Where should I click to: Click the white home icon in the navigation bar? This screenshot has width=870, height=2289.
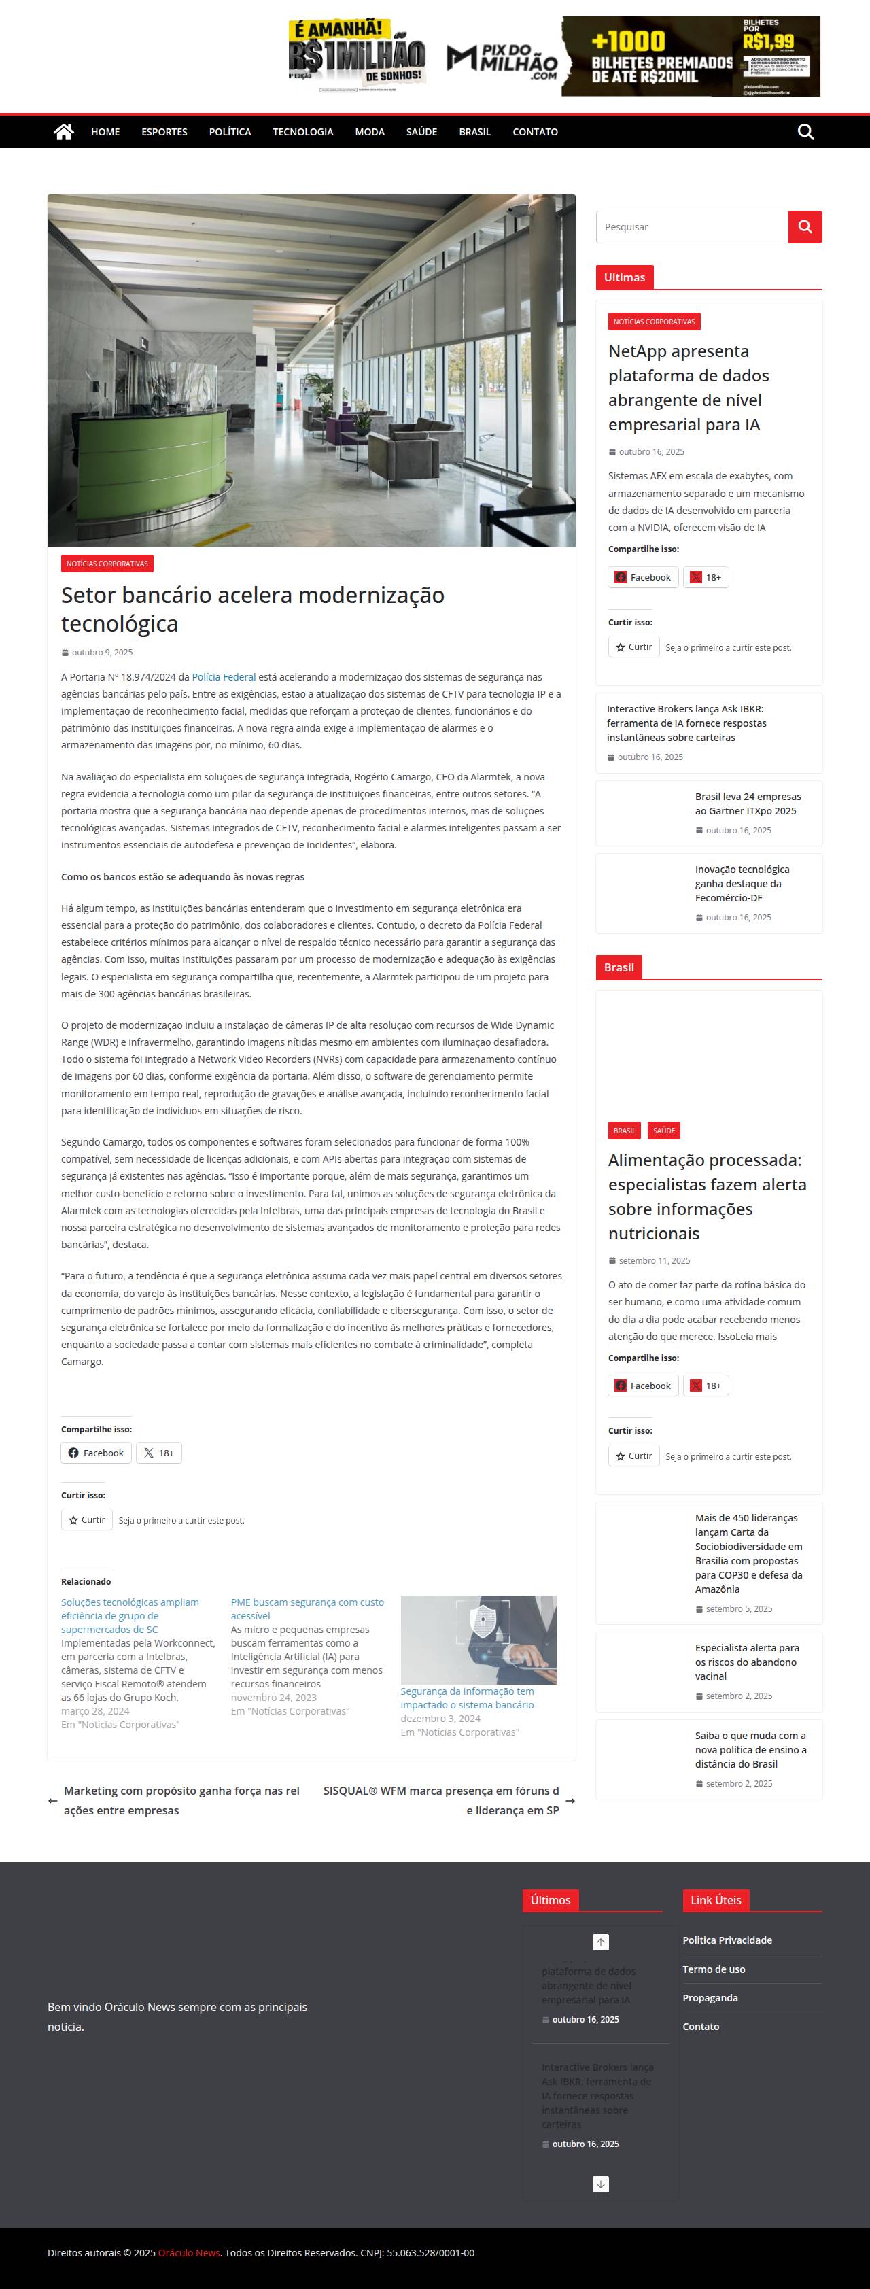pyautogui.click(x=63, y=131)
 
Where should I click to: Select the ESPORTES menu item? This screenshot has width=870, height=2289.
pyautogui.click(x=164, y=131)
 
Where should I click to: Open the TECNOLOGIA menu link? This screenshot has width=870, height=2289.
pyautogui.click(x=303, y=131)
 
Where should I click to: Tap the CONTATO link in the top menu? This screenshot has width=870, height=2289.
pyautogui.click(x=535, y=131)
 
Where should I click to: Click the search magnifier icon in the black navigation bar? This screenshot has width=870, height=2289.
pyautogui.click(x=805, y=131)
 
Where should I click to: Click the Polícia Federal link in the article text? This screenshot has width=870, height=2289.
pyautogui.click(x=223, y=677)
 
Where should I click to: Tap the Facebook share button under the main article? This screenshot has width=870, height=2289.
pyautogui.click(x=96, y=1453)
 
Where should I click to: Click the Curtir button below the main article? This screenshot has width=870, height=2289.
pyautogui.click(x=87, y=1519)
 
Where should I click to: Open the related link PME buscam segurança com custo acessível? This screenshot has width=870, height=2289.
pyautogui.click(x=307, y=1608)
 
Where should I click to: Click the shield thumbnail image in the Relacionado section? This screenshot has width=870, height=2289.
pyautogui.click(x=478, y=1640)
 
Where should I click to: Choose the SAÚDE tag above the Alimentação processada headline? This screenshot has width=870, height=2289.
pyautogui.click(x=664, y=1131)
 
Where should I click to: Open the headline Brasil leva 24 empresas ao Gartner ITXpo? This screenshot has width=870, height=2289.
pyautogui.click(x=748, y=804)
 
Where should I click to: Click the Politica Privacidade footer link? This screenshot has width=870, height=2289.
pyautogui.click(x=727, y=1940)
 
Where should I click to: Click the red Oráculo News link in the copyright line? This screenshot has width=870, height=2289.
pyautogui.click(x=188, y=2252)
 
